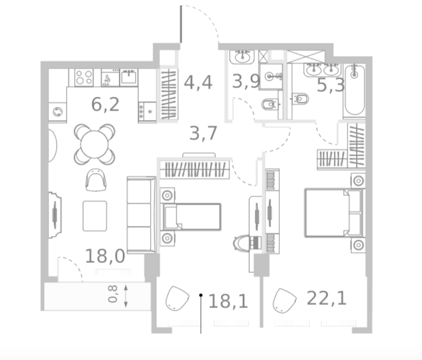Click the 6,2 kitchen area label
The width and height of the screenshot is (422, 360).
[105, 104]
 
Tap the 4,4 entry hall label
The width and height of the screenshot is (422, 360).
[198, 82]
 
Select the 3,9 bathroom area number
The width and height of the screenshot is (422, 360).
[246, 81]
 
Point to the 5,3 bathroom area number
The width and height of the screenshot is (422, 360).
[331, 85]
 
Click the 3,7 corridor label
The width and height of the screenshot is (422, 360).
[203, 133]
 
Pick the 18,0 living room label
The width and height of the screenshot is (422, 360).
[105, 256]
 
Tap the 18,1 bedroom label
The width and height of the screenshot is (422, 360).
[228, 301]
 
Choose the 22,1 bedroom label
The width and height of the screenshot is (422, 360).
[326, 298]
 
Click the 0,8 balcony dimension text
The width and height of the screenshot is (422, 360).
[113, 294]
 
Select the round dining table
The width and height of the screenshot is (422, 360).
[95, 144]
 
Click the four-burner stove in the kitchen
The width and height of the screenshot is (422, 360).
[84, 78]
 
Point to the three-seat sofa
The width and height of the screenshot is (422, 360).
[141, 215]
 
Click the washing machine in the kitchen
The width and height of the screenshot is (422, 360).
[58, 112]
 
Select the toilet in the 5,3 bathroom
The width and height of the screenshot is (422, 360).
[300, 99]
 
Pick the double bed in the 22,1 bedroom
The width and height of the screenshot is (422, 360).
[334, 213]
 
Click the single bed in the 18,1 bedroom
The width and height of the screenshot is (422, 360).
[191, 217]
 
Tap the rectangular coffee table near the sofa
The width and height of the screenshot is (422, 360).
[95, 216]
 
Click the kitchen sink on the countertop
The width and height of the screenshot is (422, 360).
[129, 77]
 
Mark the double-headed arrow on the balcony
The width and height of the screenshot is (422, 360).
[126, 296]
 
